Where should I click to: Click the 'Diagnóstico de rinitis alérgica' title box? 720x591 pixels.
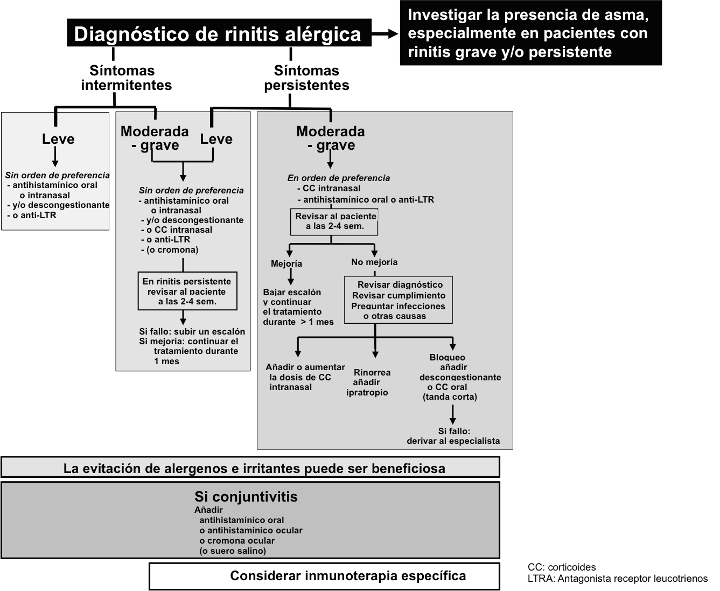point(219,33)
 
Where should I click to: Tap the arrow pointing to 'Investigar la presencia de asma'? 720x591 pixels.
point(385,33)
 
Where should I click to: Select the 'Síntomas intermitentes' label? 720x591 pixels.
point(126,78)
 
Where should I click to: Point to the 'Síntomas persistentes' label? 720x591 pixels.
point(306,78)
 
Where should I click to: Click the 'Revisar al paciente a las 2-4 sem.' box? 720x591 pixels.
point(334,222)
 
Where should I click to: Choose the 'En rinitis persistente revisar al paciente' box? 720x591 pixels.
point(187,291)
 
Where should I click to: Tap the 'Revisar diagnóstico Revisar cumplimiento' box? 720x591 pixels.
point(399,300)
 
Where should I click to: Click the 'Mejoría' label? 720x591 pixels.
point(286,263)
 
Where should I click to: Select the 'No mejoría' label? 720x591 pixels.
point(374,262)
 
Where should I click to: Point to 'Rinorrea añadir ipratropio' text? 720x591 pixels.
point(368,383)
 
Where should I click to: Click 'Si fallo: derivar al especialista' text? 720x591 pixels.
point(453,436)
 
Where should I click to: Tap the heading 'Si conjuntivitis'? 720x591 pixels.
point(246,497)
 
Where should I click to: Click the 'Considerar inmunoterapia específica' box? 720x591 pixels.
point(324,576)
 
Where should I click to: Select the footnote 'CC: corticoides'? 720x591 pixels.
point(562,567)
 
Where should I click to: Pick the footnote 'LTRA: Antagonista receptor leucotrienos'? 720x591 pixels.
point(618,579)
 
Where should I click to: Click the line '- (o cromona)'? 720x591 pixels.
point(170,250)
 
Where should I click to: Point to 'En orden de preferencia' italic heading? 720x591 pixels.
point(338,178)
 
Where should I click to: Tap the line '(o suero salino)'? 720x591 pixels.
point(233,551)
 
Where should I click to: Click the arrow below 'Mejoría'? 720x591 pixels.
point(290,276)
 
